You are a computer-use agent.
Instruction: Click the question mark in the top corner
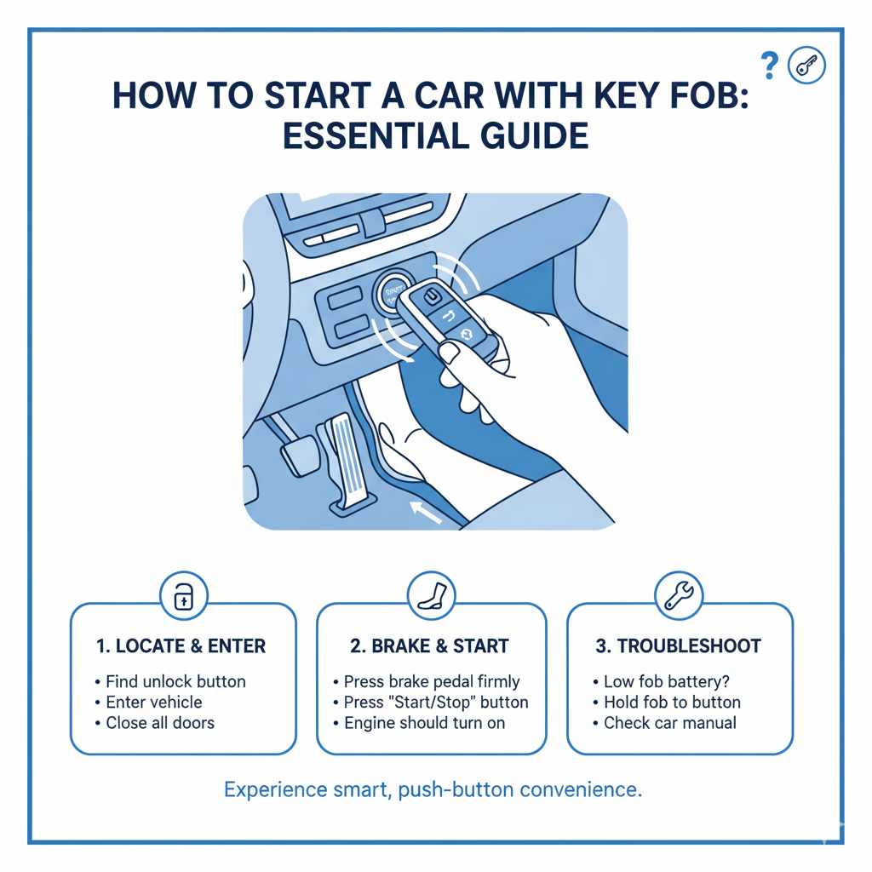770,64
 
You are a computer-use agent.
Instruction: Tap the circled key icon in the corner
806,65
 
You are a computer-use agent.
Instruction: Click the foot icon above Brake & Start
431,594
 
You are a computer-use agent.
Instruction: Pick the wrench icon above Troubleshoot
679,594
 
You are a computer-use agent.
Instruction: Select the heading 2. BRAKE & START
431,646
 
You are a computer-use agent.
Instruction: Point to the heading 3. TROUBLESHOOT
679,646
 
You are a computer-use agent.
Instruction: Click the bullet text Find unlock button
175,682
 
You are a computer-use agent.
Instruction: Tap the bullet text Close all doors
160,723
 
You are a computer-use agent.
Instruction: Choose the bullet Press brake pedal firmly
432,682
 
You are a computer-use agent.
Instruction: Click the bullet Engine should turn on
424,723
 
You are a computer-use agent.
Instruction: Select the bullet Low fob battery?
667,682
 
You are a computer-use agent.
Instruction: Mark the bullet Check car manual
670,723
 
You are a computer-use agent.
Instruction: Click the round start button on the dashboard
393,294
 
